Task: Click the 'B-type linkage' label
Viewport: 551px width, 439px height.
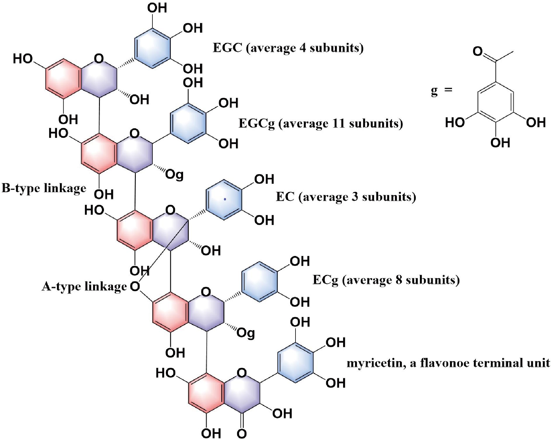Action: point(44,188)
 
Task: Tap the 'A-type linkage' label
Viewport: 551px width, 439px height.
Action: point(84,286)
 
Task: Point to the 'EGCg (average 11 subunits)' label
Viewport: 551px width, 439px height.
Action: point(321,123)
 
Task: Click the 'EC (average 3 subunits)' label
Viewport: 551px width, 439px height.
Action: point(346,197)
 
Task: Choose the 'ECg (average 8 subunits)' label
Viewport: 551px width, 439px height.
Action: point(386,280)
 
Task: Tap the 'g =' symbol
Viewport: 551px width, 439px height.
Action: point(441,91)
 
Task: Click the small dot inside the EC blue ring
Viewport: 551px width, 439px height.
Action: point(225,199)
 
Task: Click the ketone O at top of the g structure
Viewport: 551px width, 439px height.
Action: point(478,52)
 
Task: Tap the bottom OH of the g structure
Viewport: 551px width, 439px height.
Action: point(500,143)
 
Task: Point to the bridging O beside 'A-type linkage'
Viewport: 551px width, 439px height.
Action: point(135,287)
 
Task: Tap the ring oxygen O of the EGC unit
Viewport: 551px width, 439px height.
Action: point(99,59)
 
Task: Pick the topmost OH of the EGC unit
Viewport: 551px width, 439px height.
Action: point(157,8)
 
